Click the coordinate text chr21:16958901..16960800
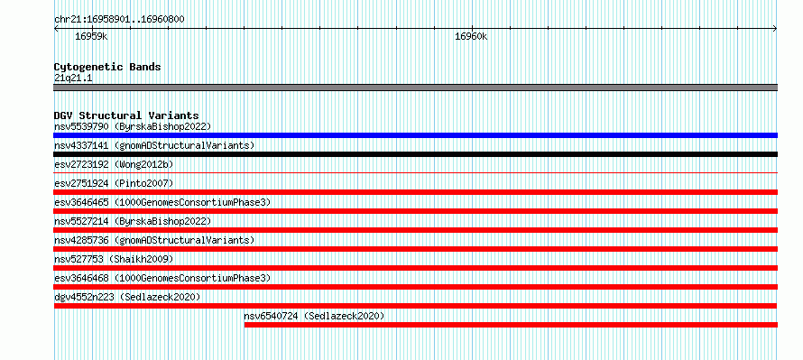[x=119, y=20]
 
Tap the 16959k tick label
[x=91, y=36]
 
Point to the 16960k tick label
[x=471, y=36]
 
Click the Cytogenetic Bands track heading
[x=107, y=67]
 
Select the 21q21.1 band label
[x=73, y=78]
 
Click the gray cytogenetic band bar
[x=415, y=88]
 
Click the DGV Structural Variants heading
[x=126, y=115]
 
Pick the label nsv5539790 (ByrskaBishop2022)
[x=133, y=126]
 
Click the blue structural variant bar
[x=415, y=135]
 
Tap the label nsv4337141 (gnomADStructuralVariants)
[x=154, y=145]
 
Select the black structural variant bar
[x=415, y=154]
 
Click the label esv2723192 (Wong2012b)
[x=114, y=164]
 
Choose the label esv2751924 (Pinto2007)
[x=114, y=183]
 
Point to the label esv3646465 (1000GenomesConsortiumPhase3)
[x=162, y=202]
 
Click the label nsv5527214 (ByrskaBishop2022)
[x=133, y=221]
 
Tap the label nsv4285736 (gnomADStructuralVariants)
[x=154, y=240]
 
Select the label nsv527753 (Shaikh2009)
[x=114, y=259]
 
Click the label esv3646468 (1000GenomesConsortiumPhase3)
[x=162, y=278]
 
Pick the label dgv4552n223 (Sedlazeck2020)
[x=127, y=297]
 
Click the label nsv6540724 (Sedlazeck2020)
[x=314, y=316]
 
